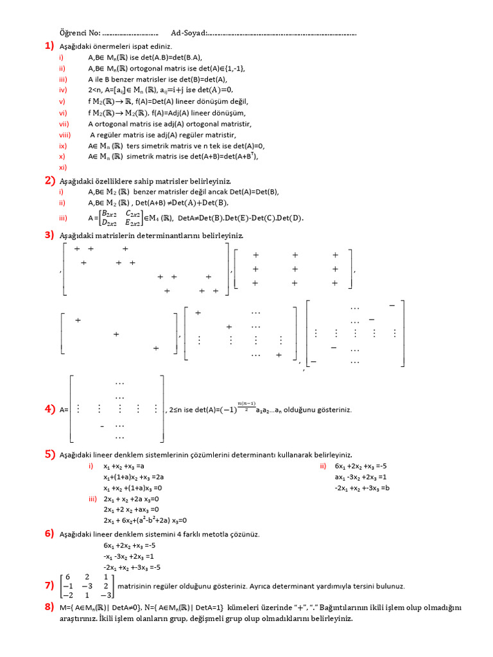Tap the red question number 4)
49,409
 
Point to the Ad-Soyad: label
189,32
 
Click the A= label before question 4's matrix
64,409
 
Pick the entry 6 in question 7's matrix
67,576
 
